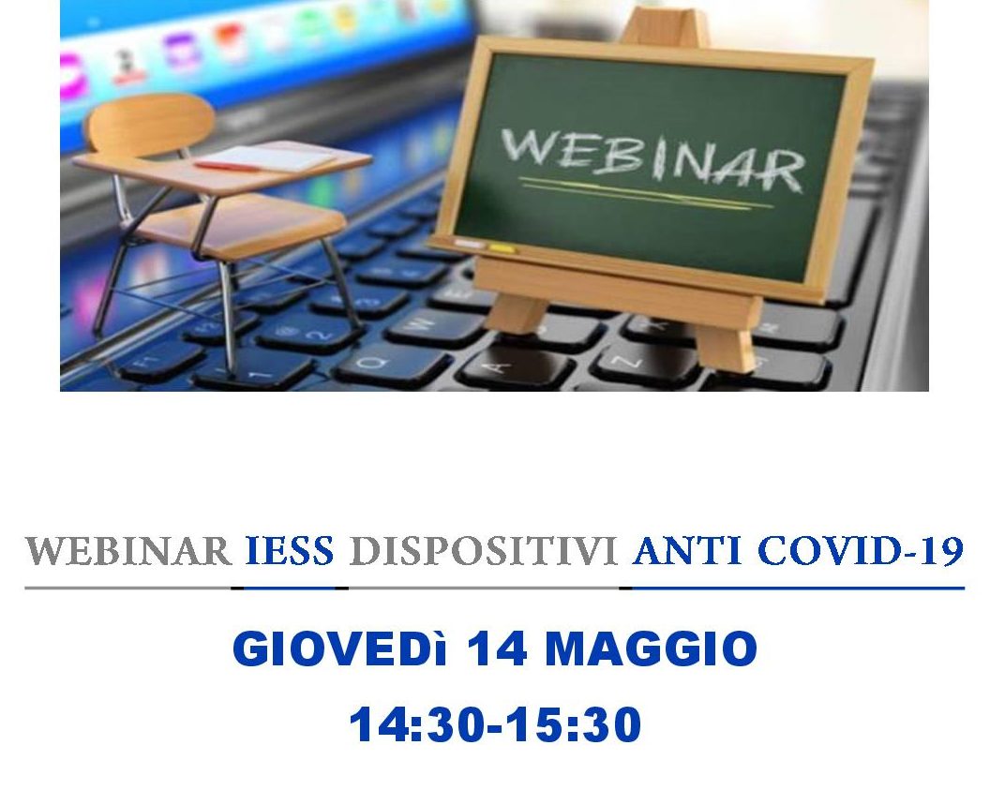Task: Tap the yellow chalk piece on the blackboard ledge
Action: pyautogui.click(x=502, y=248)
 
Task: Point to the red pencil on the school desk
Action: pyautogui.click(x=227, y=168)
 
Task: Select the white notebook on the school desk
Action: pyautogui.click(x=269, y=157)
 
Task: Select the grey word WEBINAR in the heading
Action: pyautogui.click(x=128, y=551)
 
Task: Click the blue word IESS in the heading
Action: pyautogui.click(x=289, y=551)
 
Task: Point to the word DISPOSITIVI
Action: pyautogui.click(x=483, y=551)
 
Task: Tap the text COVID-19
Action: pyautogui.click(x=860, y=551)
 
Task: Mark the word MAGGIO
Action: pyautogui.click(x=651, y=648)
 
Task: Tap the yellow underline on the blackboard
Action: pyautogui.click(x=645, y=193)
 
